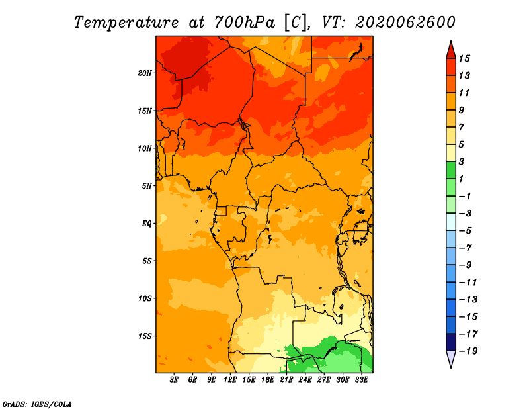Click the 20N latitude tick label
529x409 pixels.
click(x=144, y=73)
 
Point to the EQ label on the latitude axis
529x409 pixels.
click(x=146, y=224)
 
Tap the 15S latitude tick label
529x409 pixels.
click(x=144, y=336)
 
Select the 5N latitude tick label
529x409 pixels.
click(x=146, y=186)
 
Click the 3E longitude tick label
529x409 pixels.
click(x=174, y=379)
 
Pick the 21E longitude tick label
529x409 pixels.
click(x=286, y=379)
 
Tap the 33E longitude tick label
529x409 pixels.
click(x=361, y=379)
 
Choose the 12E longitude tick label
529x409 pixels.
click(x=230, y=379)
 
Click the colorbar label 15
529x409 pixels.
click(x=464, y=58)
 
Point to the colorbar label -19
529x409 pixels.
click(x=468, y=351)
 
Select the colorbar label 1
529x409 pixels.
click(x=461, y=179)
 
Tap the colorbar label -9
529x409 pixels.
click(x=466, y=265)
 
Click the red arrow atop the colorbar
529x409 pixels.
click(x=451, y=51)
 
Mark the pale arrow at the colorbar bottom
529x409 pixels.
click(x=451, y=359)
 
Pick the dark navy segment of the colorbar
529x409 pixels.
click(x=451, y=342)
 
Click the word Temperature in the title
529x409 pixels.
click(x=126, y=23)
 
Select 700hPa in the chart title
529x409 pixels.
click(x=244, y=23)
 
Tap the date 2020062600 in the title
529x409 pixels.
click(x=405, y=23)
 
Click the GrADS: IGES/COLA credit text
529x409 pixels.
click(x=37, y=404)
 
